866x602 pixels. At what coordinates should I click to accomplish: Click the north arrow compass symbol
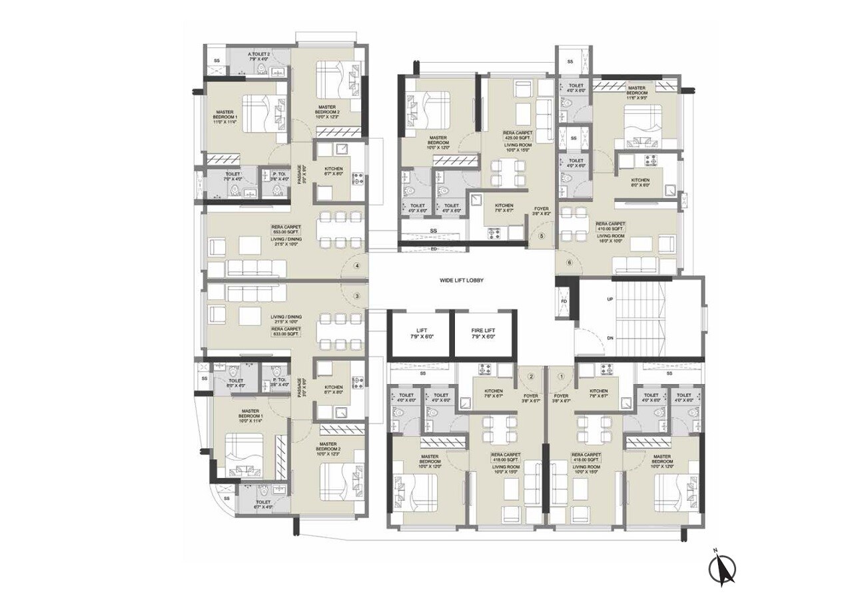click(722, 568)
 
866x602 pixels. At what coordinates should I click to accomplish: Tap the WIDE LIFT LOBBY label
click(461, 281)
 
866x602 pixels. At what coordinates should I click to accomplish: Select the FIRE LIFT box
click(484, 334)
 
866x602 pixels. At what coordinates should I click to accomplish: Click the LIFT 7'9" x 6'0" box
click(420, 334)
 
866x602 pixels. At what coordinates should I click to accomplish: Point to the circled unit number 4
click(358, 266)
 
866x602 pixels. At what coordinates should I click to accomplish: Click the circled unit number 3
click(357, 296)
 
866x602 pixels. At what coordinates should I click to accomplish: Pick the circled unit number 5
click(542, 236)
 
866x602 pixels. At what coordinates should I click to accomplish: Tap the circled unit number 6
click(569, 262)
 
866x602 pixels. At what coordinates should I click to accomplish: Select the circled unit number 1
click(561, 376)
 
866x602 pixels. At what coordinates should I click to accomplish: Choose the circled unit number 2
click(531, 376)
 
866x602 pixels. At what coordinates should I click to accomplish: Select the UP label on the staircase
click(610, 299)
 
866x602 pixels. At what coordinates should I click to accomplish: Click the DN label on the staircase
click(610, 339)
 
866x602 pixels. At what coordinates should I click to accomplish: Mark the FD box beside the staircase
click(564, 301)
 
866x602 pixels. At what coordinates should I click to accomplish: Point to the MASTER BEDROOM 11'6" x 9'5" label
click(636, 91)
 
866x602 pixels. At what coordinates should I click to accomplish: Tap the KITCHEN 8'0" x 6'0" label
click(640, 183)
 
